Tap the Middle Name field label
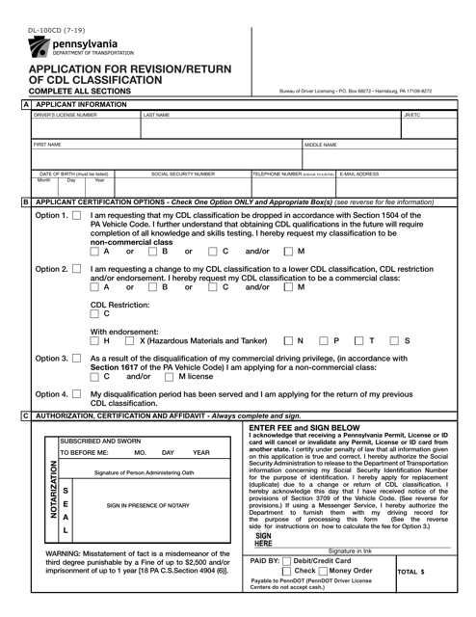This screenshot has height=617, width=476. tap(321, 145)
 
